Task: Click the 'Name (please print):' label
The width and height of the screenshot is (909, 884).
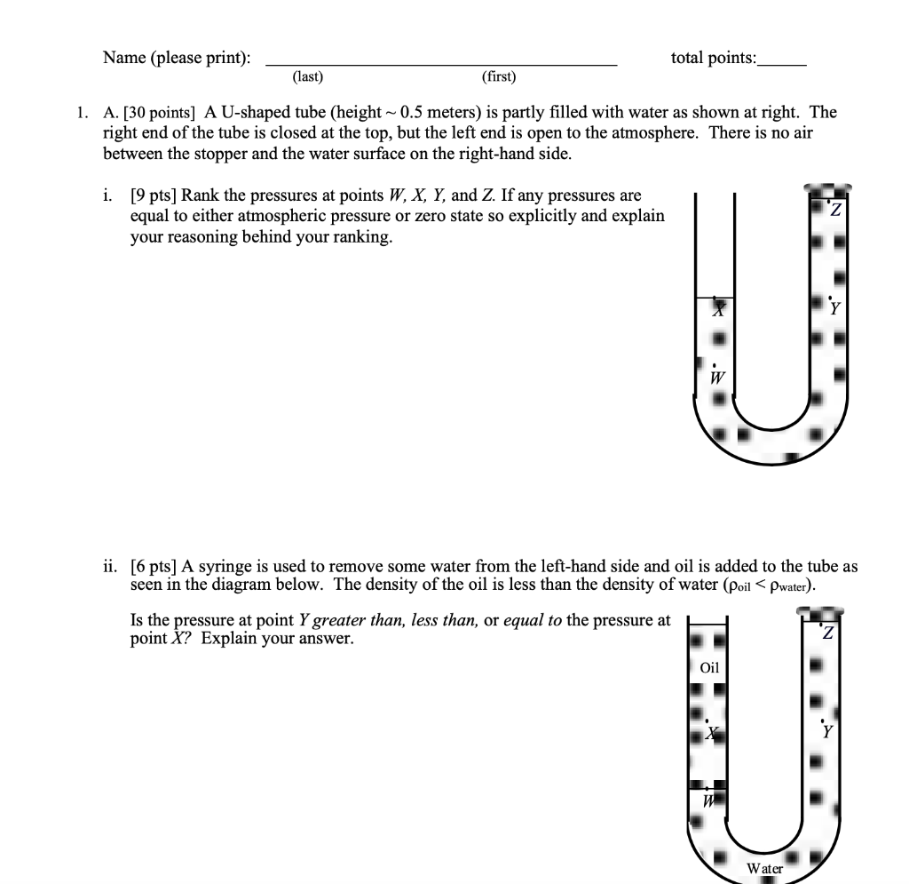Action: (x=176, y=58)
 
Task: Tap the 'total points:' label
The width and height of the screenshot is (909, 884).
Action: (x=714, y=58)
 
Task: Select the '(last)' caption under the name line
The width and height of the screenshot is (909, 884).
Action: (x=307, y=77)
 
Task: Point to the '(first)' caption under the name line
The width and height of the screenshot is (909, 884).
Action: (x=498, y=77)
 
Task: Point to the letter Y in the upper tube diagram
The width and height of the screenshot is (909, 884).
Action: (x=834, y=310)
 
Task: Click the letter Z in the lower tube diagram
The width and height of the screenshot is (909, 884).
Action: (x=827, y=633)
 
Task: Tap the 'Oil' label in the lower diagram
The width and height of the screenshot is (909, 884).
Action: (x=710, y=667)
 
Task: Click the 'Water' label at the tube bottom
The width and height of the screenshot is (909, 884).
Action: (x=764, y=868)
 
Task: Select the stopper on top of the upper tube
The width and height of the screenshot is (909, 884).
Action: (x=827, y=188)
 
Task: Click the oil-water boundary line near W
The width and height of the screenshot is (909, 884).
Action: (x=707, y=786)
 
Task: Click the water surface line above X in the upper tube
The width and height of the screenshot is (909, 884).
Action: (x=715, y=298)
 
